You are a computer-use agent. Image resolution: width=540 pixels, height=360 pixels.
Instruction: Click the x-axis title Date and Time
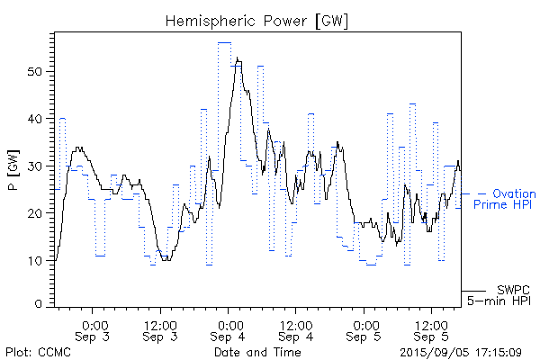pos(257,352)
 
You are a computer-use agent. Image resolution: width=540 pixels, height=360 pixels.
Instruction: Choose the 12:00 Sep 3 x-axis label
pos(160,330)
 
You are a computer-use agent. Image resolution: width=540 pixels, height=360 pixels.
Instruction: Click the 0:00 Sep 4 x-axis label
pos(229,330)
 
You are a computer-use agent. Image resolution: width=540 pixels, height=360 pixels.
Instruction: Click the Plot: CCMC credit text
pos(36,352)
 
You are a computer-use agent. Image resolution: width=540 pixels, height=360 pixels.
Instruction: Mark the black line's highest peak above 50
pos(237,58)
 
